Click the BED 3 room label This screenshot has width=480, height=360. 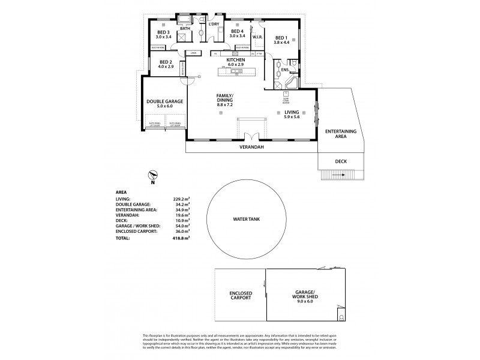point(164,32)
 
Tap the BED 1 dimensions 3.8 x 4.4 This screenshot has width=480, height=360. point(281,43)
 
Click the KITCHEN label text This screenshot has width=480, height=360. point(235,60)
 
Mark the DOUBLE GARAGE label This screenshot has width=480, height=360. point(164,101)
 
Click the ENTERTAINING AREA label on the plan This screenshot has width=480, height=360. point(340,133)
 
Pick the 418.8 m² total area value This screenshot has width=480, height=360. point(181,238)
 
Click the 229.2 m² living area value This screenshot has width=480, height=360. point(181,199)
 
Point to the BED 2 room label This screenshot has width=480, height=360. point(166,63)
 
